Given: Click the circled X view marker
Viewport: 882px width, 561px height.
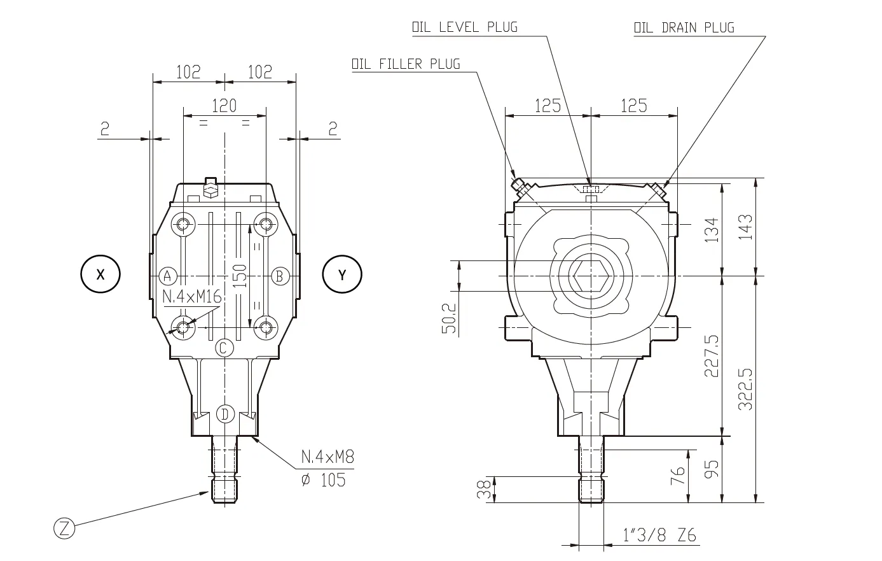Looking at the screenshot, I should [100, 274].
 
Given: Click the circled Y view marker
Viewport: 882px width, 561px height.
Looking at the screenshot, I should [342, 274].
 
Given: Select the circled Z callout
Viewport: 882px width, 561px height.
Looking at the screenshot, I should [64, 528].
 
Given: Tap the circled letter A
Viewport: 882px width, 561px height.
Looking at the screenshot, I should [167, 276].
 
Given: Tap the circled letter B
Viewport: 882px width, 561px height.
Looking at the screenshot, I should [280, 276].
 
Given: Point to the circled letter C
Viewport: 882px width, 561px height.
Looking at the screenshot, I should [224, 348].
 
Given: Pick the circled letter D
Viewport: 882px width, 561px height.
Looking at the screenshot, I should [225, 415].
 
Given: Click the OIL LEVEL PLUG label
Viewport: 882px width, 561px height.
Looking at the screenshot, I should [464, 27].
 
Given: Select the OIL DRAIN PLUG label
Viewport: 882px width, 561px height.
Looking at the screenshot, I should [684, 27].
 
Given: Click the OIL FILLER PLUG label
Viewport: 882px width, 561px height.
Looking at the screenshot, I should [406, 64].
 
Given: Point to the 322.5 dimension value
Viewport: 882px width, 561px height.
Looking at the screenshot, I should [746, 388].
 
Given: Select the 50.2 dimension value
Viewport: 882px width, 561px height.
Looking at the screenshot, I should [449, 318].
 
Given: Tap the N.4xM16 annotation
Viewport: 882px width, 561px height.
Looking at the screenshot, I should [191, 297].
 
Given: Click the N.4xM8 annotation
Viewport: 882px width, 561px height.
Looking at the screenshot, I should [327, 457].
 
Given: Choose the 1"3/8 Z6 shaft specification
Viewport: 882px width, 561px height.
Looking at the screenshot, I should [659, 536].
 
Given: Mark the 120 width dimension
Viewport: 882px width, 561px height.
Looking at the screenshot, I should [224, 106].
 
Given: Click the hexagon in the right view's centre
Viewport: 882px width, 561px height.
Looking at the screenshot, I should [591, 276].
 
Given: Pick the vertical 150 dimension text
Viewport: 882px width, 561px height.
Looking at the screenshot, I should [240, 275].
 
